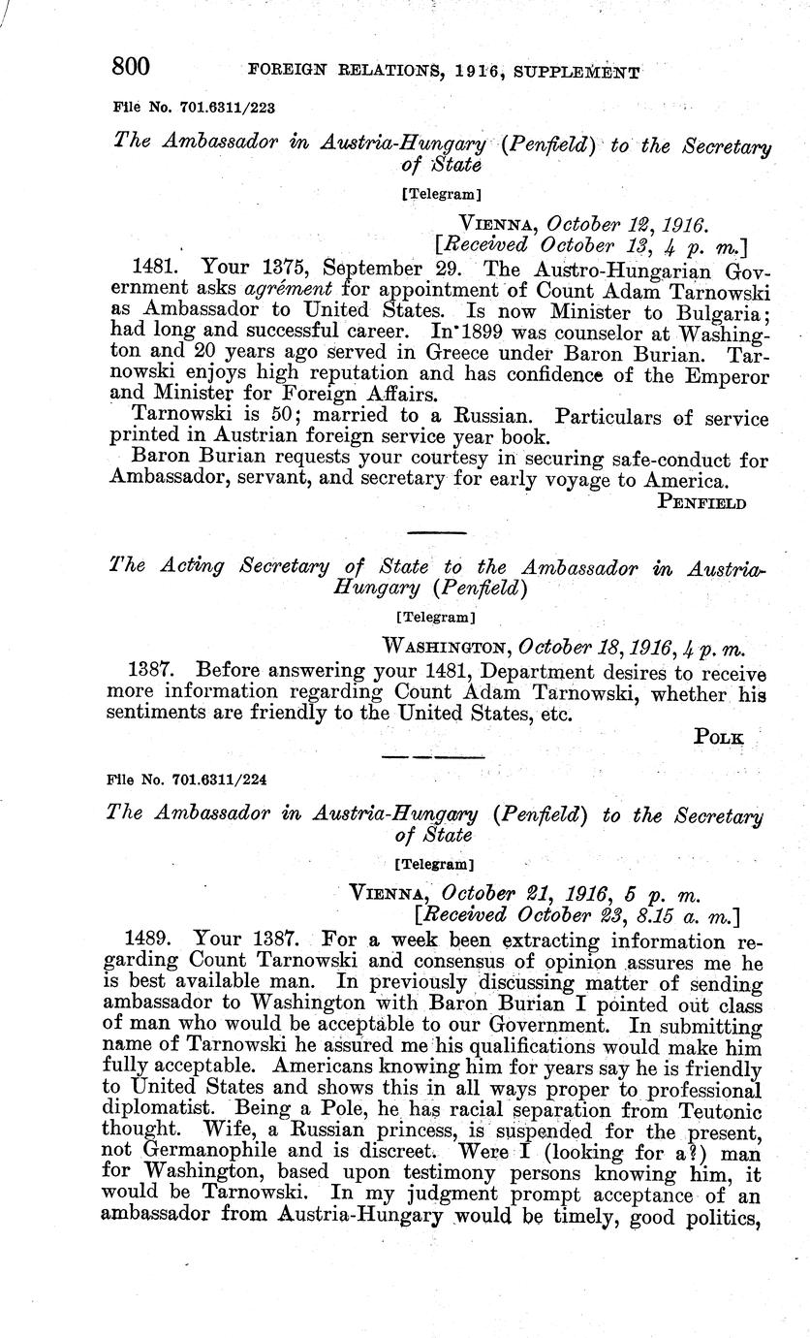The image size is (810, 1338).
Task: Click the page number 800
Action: pyautogui.click(x=132, y=66)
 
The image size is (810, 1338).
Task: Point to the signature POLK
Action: pyautogui.click(x=719, y=738)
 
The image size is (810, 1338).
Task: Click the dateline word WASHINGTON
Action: pyautogui.click(x=448, y=646)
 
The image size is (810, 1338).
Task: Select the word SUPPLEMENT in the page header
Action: pyautogui.click(x=581, y=71)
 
